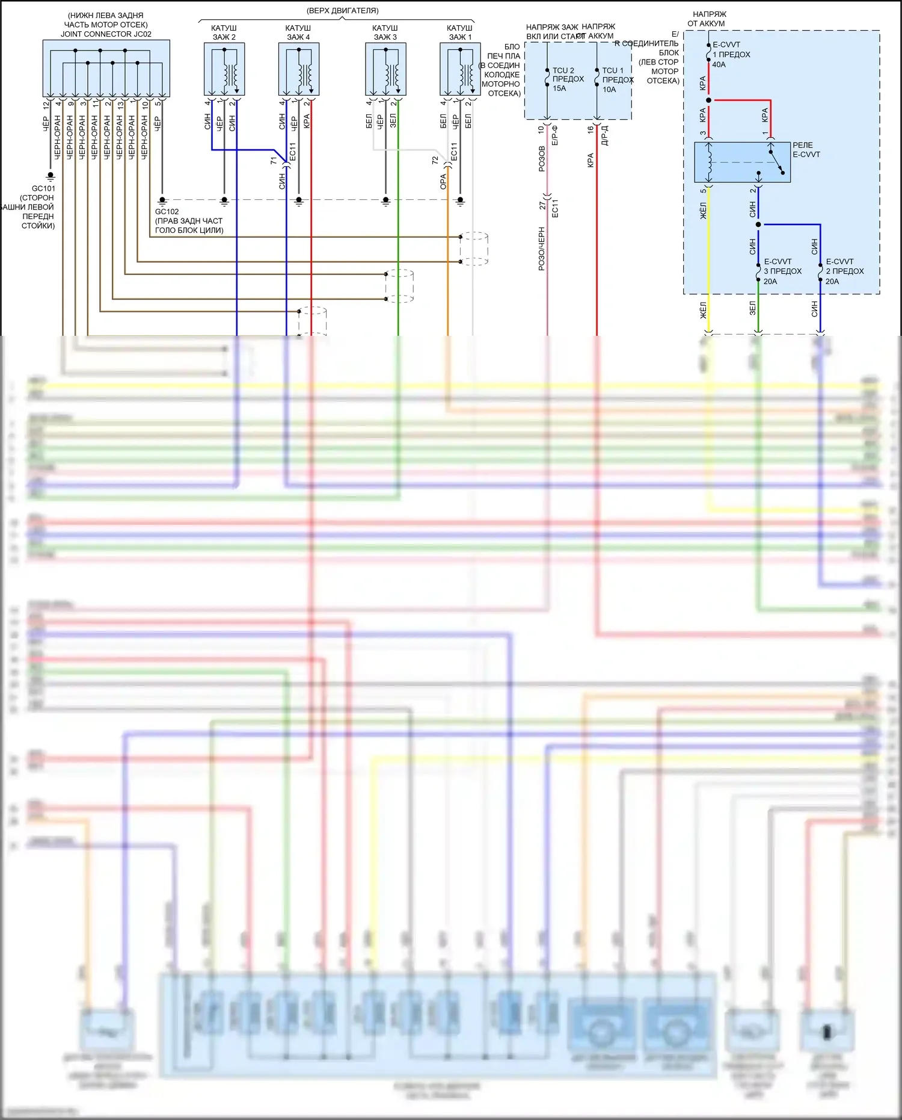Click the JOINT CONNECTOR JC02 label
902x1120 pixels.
tap(106, 34)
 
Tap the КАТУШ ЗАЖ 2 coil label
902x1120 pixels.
tap(224, 32)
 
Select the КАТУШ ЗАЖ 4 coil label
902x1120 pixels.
tap(298, 32)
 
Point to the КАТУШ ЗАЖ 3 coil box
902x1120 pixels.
tap(385, 70)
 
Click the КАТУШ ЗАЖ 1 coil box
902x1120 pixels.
tap(460, 70)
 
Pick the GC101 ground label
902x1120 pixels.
tap(43, 188)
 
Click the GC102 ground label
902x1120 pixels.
tap(167, 212)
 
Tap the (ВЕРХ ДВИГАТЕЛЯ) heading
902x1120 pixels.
tap(342, 11)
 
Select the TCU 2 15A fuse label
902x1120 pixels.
tap(568, 79)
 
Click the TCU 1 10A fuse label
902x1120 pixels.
tap(618, 80)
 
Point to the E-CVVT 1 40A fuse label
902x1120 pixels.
tap(731, 55)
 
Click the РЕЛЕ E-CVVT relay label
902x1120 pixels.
tap(806, 150)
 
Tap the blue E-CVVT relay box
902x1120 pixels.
tap(742, 162)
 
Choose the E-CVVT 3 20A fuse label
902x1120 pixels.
tap(782, 271)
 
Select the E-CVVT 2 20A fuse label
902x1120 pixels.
tap(844, 271)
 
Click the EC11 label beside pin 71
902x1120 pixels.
tap(293, 151)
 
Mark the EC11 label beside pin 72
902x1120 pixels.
tap(454, 151)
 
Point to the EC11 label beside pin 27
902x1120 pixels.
tap(555, 208)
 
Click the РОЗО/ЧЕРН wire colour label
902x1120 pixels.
tap(542, 249)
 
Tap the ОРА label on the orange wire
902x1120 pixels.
tap(443, 182)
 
